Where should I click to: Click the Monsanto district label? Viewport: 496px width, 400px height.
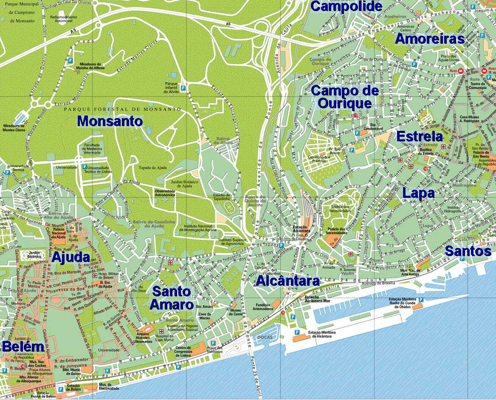coord(110,121)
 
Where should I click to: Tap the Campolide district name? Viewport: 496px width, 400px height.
coord(347,6)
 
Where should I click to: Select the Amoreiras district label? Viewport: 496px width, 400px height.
coord(429,39)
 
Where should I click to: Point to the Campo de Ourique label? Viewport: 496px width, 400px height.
coord(344,97)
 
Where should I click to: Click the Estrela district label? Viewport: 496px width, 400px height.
coord(420,137)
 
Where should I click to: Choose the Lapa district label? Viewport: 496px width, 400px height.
coord(418,194)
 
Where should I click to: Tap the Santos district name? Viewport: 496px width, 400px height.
coord(468,251)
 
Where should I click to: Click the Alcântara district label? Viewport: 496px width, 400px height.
coord(287,281)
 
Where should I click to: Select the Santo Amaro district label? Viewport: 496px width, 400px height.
coord(172,298)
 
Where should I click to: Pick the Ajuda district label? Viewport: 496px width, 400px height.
coord(70,257)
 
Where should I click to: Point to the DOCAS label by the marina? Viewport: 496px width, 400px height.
coord(264,337)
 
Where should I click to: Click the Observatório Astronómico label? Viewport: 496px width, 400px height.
coord(165,193)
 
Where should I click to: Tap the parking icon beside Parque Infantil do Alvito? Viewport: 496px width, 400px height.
coord(183,88)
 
